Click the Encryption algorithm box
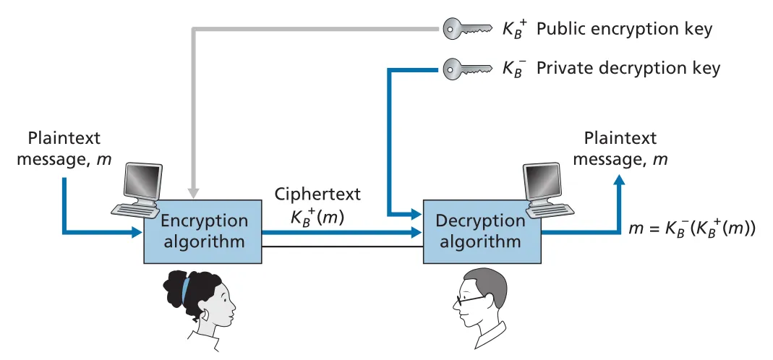point(202,231)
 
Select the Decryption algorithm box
point(482,231)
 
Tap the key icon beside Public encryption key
point(467,29)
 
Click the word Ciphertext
point(317,194)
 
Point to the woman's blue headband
point(185,291)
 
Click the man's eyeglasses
point(469,299)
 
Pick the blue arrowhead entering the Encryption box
point(137,232)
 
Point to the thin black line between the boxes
point(343,246)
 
